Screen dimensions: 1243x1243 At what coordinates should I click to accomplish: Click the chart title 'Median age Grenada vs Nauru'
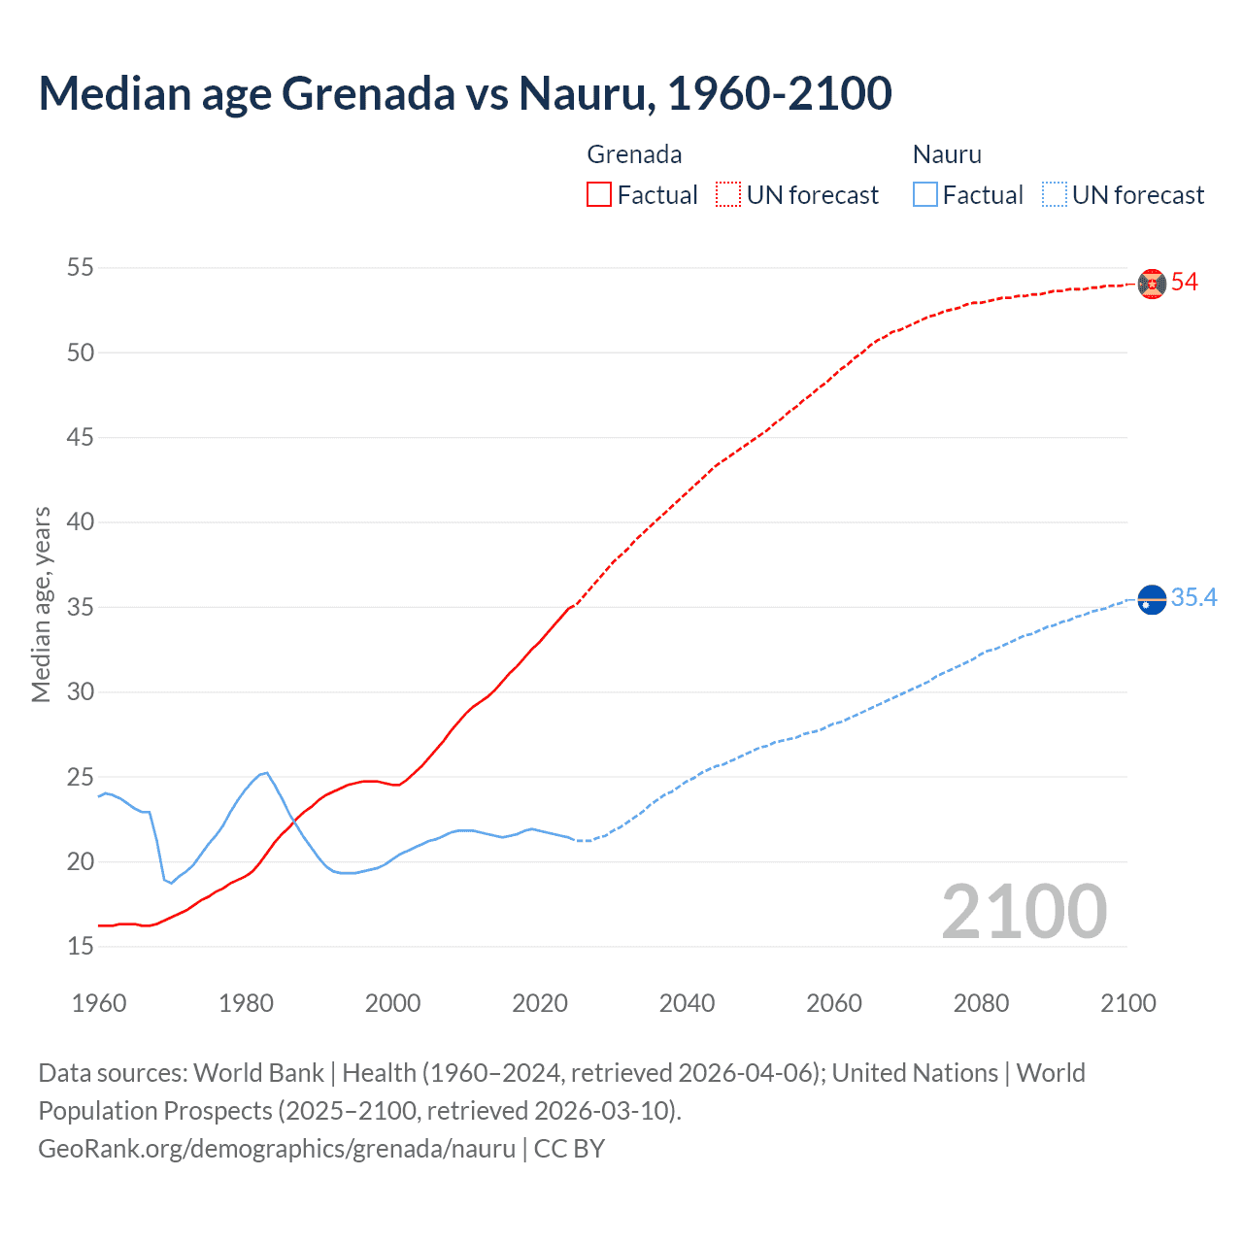[464, 93]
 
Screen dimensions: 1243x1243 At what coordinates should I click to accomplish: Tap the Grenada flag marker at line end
[1152, 284]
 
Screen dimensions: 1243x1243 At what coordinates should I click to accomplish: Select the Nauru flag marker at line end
[1152, 601]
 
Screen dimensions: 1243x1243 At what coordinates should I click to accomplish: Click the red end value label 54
[1185, 283]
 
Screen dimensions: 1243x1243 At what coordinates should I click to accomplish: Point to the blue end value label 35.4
[1193, 598]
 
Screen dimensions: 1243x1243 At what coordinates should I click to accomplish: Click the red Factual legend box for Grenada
[599, 195]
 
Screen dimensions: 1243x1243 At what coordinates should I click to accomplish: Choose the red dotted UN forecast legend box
[728, 195]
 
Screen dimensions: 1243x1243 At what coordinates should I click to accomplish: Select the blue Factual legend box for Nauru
[925, 195]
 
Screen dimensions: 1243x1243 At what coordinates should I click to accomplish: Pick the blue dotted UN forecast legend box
[1054, 195]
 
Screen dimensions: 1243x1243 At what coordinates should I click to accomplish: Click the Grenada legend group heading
[634, 154]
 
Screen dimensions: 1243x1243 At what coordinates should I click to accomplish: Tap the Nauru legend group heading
[947, 154]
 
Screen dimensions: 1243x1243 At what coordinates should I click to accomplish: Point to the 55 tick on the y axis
[81, 267]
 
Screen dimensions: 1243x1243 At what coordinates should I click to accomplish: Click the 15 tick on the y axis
[81, 946]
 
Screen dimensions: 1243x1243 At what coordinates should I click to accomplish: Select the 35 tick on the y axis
[81, 607]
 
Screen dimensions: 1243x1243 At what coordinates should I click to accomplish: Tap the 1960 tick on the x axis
[99, 1003]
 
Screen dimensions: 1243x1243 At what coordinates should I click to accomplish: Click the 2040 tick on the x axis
[687, 1003]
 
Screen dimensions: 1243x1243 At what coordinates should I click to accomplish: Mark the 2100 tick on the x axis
[1128, 1003]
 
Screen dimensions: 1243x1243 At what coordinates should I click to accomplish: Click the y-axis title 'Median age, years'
[41, 604]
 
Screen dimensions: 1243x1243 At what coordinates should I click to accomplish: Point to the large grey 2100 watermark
[1025, 911]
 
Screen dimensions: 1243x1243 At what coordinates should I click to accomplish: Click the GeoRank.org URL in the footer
[277, 1149]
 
